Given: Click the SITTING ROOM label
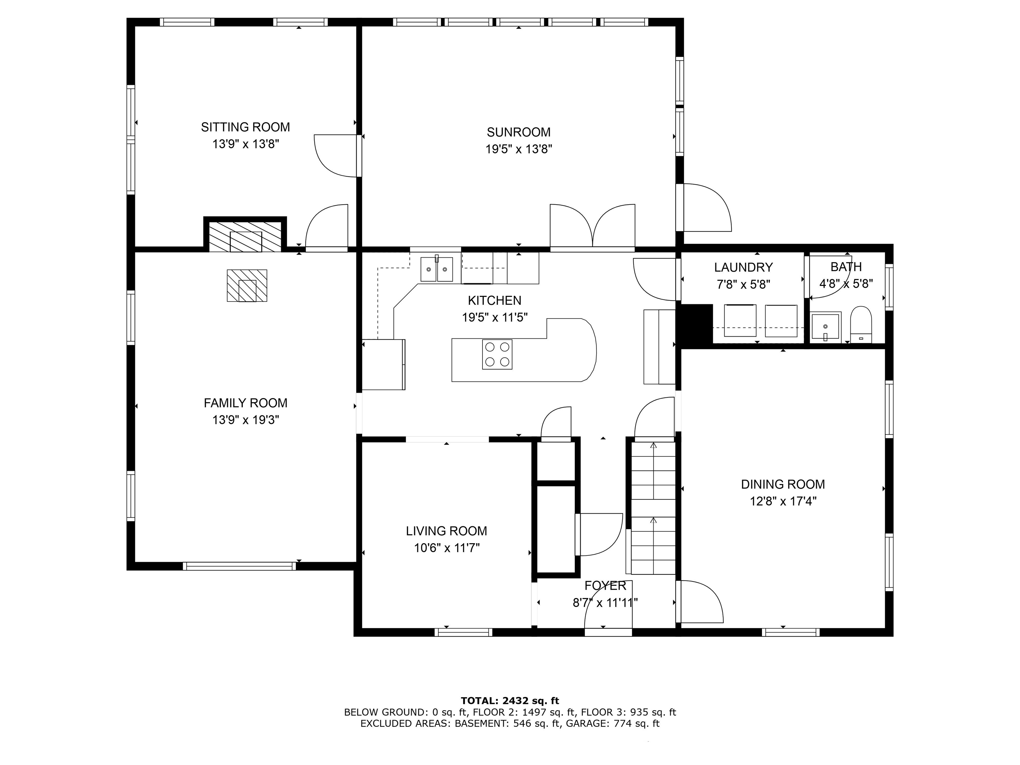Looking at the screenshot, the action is (245, 127).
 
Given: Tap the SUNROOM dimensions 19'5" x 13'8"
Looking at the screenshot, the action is (519, 149).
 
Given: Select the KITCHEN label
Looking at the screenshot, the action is (494, 300).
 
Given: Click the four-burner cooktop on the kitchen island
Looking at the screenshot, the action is (497, 354).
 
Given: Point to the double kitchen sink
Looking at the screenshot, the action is (437, 269).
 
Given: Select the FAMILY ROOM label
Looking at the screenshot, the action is (245, 403).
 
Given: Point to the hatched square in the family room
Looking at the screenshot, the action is (247, 286).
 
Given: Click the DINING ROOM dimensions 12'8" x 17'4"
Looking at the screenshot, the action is (783, 501).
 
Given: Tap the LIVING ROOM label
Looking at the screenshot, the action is (446, 531).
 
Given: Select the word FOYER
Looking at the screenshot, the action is (605, 586).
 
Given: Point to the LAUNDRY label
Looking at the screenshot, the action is (743, 267).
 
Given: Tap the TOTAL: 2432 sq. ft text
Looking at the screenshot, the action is (510, 701).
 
